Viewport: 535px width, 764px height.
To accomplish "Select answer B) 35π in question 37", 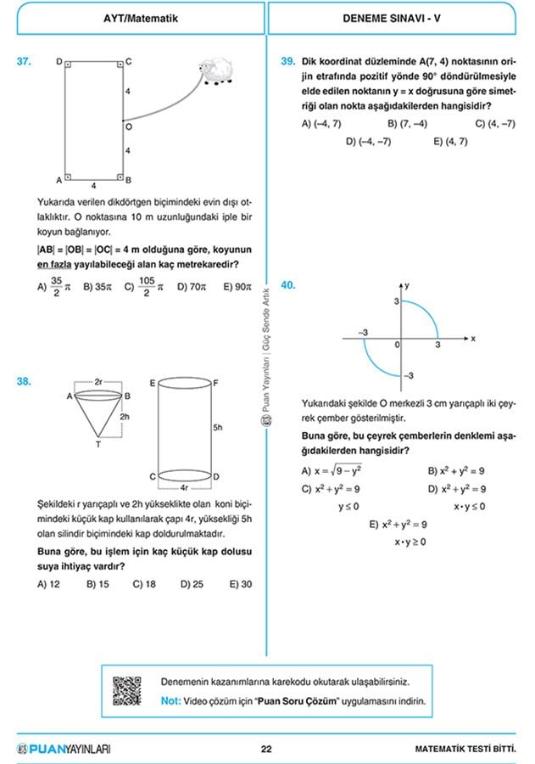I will click(98, 287).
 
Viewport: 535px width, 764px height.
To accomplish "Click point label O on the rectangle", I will click(129, 126).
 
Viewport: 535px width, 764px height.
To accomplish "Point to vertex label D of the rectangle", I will click(59, 61).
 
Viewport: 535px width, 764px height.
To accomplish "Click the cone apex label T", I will click(98, 444).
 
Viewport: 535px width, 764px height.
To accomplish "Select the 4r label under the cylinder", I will click(184, 487).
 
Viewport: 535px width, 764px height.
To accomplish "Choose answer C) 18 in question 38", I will click(144, 584).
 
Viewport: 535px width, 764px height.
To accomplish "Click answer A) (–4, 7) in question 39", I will click(321, 124).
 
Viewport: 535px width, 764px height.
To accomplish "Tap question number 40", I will click(287, 286).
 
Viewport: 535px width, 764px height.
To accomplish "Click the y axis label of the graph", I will click(407, 287).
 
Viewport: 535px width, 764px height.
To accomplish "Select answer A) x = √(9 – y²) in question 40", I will click(339, 471).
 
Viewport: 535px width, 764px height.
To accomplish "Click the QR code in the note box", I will click(126, 690).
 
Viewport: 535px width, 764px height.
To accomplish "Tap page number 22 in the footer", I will click(266, 749).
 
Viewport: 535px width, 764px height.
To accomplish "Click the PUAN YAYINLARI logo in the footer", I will click(64, 749).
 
